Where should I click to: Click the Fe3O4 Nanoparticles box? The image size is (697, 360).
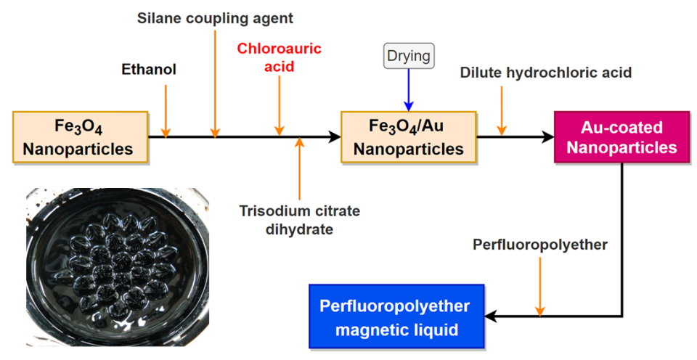(81, 137)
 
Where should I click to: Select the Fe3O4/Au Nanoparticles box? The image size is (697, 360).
(409, 137)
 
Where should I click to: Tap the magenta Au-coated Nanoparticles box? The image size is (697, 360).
(621, 137)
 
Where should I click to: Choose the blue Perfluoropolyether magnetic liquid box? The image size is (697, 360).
(396, 316)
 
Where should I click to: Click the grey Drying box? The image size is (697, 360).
(409, 56)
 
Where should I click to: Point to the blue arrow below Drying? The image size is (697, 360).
(409, 90)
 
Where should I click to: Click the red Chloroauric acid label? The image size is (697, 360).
(279, 57)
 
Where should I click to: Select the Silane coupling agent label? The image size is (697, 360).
(215, 18)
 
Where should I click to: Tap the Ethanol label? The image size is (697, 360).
(149, 70)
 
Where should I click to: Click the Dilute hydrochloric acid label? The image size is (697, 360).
(546, 73)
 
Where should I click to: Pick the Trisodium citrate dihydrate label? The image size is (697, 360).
(300, 219)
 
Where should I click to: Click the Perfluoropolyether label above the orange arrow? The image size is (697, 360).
(540, 245)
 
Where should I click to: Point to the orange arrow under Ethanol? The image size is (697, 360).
(166, 111)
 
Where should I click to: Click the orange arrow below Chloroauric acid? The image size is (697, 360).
(279, 106)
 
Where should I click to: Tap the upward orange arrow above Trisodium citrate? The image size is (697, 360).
(300, 169)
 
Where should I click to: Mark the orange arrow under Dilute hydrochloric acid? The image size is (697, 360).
(502, 111)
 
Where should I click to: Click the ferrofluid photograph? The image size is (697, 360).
(118, 267)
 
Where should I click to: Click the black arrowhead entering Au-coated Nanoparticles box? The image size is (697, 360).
(547, 137)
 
